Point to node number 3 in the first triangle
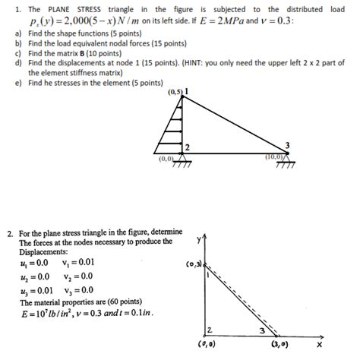(287, 144)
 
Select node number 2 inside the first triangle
(187, 146)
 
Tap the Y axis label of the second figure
(199, 238)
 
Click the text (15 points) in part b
(156, 45)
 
